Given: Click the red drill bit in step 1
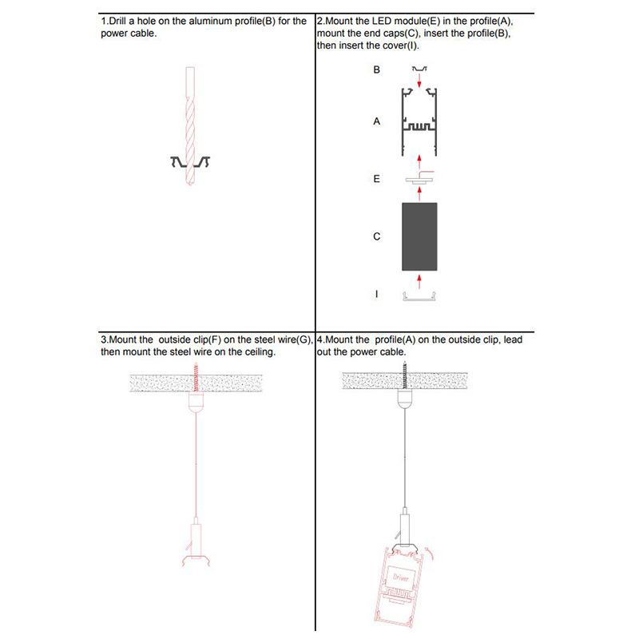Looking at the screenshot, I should (190, 128).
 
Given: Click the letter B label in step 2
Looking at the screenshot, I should (377, 70).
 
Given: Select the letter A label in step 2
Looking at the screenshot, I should (377, 122).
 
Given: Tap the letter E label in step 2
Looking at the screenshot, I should (377, 180).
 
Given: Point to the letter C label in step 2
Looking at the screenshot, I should (377, 237).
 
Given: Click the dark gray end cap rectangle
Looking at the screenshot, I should (419, 236).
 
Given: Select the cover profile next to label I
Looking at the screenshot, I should (419, 297).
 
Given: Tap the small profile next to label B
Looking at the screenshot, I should (419, 70).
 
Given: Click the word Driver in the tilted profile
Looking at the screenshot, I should (401, 575).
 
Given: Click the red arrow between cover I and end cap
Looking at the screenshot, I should (419, 280).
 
